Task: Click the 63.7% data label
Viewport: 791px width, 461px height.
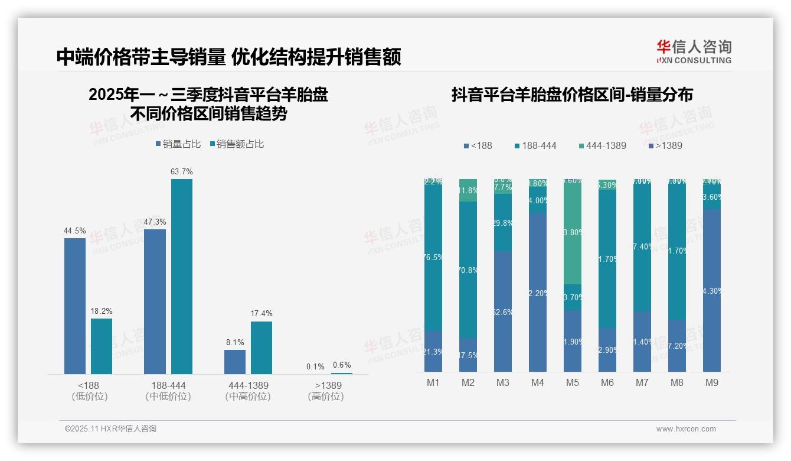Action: [181, 172]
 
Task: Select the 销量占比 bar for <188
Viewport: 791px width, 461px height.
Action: [75, 306]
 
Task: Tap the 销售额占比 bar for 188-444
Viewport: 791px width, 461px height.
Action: [181, 276]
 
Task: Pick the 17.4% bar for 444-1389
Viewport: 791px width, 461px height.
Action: [262, 347]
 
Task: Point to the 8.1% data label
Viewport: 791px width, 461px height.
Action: [234, 342]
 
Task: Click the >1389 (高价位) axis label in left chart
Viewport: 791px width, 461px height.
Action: [325, 391]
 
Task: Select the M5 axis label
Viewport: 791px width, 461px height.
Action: [572, 383]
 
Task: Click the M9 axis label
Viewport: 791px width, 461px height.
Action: [711, 383]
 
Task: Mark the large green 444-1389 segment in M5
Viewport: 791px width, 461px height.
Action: [572, 232]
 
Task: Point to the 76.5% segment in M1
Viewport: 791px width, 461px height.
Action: [433, 258]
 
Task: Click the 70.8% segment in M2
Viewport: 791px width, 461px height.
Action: [468, 270]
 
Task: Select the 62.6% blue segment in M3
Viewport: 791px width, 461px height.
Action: [503, 311]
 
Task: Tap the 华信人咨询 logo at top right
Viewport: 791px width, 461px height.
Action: [694, 51]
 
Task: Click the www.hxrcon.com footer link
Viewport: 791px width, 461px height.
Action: [685, 429]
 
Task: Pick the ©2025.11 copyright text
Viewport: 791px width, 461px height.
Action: [110, 429]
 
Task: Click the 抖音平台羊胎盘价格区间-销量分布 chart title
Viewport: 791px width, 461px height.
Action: [572, 95]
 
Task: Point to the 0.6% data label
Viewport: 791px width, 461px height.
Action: [342, 365]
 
